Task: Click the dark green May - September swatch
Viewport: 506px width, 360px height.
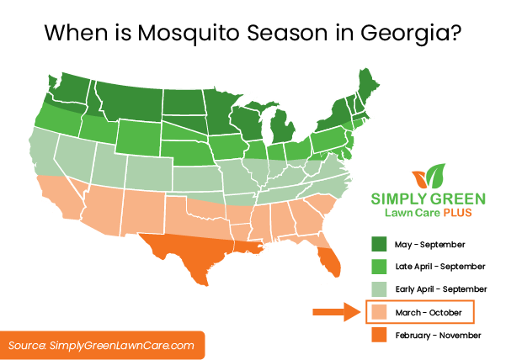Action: point(381,245)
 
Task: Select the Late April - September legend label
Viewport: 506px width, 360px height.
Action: point(439,267)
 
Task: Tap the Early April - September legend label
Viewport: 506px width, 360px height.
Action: point(440,289)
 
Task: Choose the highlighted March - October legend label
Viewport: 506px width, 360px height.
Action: point(430,313)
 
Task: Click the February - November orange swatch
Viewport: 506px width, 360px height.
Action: point(381,336)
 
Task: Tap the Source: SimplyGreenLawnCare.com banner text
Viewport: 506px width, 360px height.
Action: point(102,345)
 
